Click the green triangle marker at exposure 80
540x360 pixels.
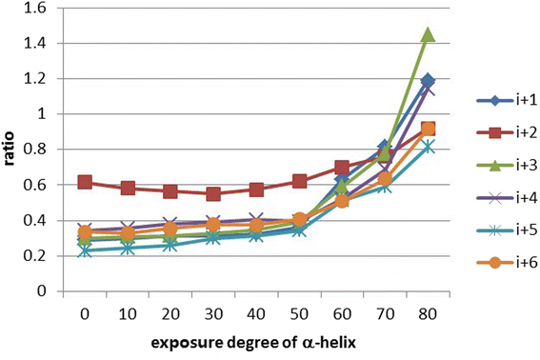point(428,34)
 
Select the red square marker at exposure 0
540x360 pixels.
point(85,182)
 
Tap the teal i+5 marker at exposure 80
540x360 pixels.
point(428,147)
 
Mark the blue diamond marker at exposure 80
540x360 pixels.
point(428,81)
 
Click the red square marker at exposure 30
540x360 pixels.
point(213,193)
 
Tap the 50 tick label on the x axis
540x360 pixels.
point(299,314)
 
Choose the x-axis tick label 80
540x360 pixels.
point(428,314)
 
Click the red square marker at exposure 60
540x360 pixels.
point(342,168)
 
